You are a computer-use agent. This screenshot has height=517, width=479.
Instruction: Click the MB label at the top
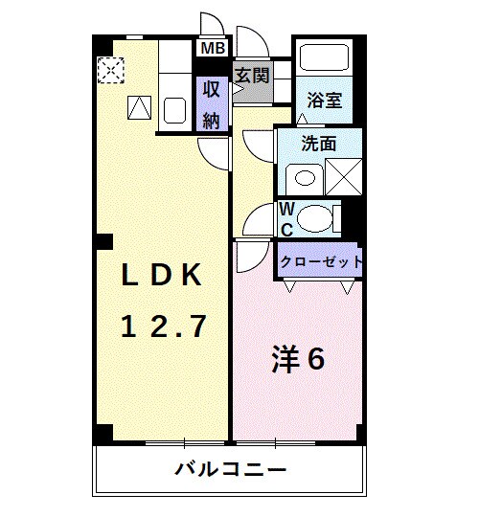tap(211, 47)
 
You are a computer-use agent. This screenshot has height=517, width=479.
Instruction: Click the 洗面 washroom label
tap(318, 145)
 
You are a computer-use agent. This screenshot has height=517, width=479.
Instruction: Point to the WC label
tap(286, 219)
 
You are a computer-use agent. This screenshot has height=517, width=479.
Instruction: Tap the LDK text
tap(161, 275)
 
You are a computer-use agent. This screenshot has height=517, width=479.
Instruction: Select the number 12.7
tap(164, 327)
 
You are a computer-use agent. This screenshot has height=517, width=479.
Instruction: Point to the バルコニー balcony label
tap(230, 470)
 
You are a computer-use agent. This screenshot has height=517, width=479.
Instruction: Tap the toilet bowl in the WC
tap(314, 219)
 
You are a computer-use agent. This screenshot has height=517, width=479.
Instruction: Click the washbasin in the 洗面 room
tap(306, 177)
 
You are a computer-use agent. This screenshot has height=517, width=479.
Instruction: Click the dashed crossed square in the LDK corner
tap(112, 70)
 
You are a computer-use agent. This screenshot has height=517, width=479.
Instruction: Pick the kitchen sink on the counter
tap(174, 110)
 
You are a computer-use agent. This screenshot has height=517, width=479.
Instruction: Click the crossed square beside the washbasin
tap(344, 177)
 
